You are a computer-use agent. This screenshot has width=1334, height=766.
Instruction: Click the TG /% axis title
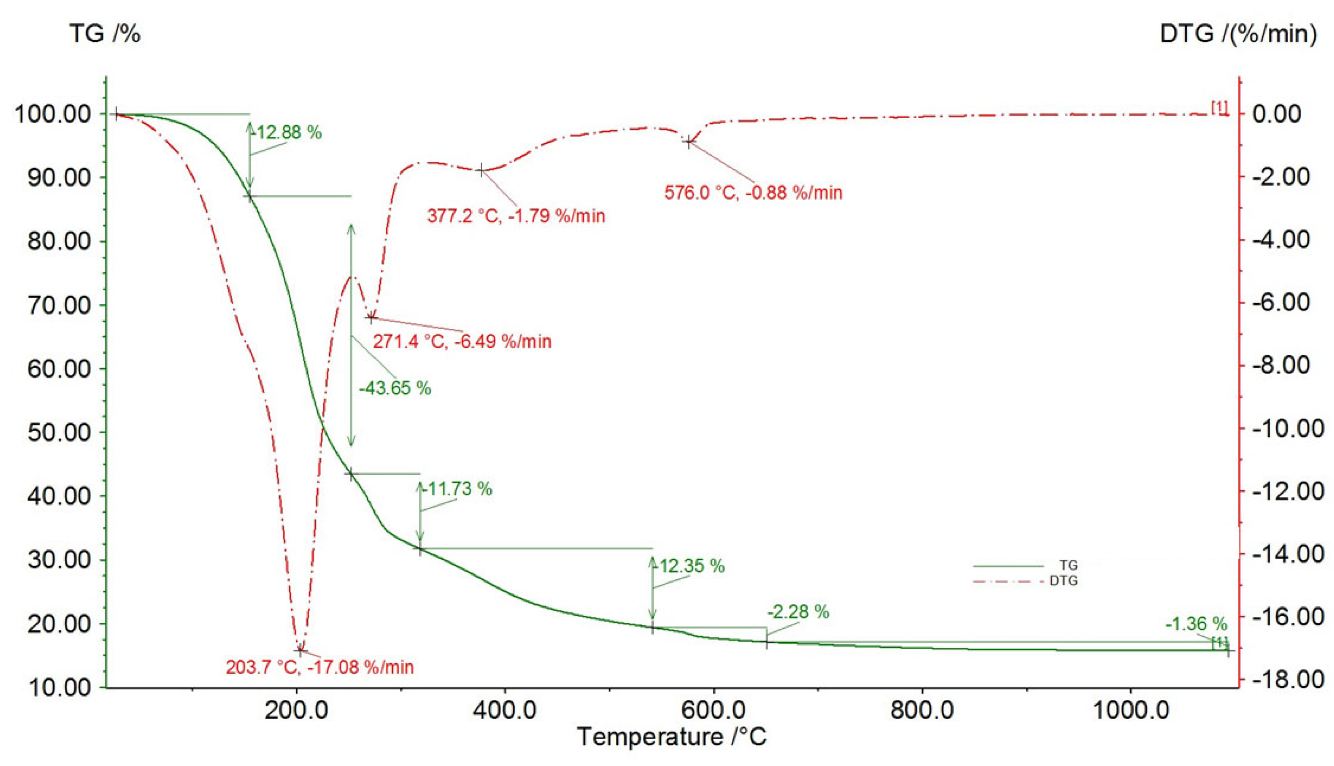tap(105, 34)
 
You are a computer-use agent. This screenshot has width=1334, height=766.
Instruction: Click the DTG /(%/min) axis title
tap(1238, 34)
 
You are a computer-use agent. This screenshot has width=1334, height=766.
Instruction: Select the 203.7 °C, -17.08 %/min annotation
tap(320, 667)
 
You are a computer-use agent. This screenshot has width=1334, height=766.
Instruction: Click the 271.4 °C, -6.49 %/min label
tap(462, 341)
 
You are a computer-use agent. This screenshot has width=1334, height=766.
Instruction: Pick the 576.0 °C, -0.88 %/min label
tap(753, 192)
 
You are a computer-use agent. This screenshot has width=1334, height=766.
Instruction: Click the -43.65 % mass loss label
tap(394, 388)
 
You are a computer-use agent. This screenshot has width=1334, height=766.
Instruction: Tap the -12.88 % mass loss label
tap(287, 132)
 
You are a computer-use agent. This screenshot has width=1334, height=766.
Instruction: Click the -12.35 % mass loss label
tap(689, 566)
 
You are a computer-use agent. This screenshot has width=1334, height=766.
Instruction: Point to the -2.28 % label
tap(798, 612)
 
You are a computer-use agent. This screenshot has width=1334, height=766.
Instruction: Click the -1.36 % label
tap(1195, 624)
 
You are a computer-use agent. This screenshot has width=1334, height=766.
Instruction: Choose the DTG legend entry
tap(1063, 581)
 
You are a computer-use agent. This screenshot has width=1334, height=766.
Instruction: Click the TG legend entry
tap(1068, 566)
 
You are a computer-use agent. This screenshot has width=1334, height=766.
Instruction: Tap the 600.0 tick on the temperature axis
tap(714, 711)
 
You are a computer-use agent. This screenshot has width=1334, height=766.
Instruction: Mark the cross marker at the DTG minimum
tap(300, 651)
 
